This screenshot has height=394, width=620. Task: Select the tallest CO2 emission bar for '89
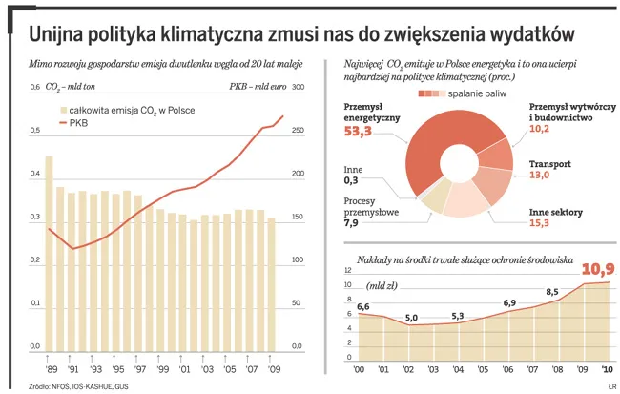pyautogui.click(x=49, y=253)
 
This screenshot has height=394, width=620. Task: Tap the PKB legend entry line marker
pyautogui.click(x=66, y=124)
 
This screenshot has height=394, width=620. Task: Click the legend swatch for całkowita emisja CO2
pyautogui.click(x=66, y=111)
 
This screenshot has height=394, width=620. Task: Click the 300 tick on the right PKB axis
pyautogui.click(x=297, y=88)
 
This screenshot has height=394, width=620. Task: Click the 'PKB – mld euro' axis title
pyautogui.click(x=258, y=88)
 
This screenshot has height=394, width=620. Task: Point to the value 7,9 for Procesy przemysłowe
pyautogui.click(x=350, y=223)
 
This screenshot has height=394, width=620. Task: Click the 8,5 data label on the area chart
pyautogui.click(x=551, y=292)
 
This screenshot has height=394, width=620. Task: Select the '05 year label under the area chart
pyautogui.click(x=483, y=369)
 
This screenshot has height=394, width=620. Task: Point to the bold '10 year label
pyautogui.click(x=606, y=369)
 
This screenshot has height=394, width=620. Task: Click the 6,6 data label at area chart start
pyautogui.click(x=362, y=306)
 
